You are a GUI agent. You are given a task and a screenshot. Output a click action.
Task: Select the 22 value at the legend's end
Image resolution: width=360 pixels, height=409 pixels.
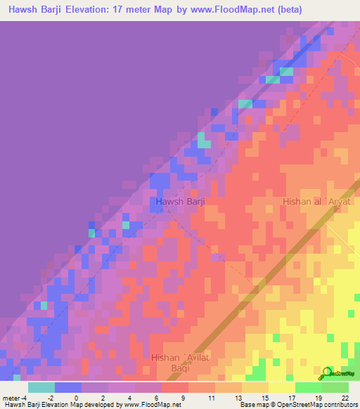coord(344,397)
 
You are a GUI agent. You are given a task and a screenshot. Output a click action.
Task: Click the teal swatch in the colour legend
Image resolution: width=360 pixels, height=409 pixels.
coord(41,387)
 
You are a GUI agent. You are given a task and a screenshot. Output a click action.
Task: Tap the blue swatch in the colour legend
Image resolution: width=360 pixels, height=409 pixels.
coord(67,387)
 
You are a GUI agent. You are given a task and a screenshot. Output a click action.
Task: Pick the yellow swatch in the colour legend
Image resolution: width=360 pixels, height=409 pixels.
coord(281,387)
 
